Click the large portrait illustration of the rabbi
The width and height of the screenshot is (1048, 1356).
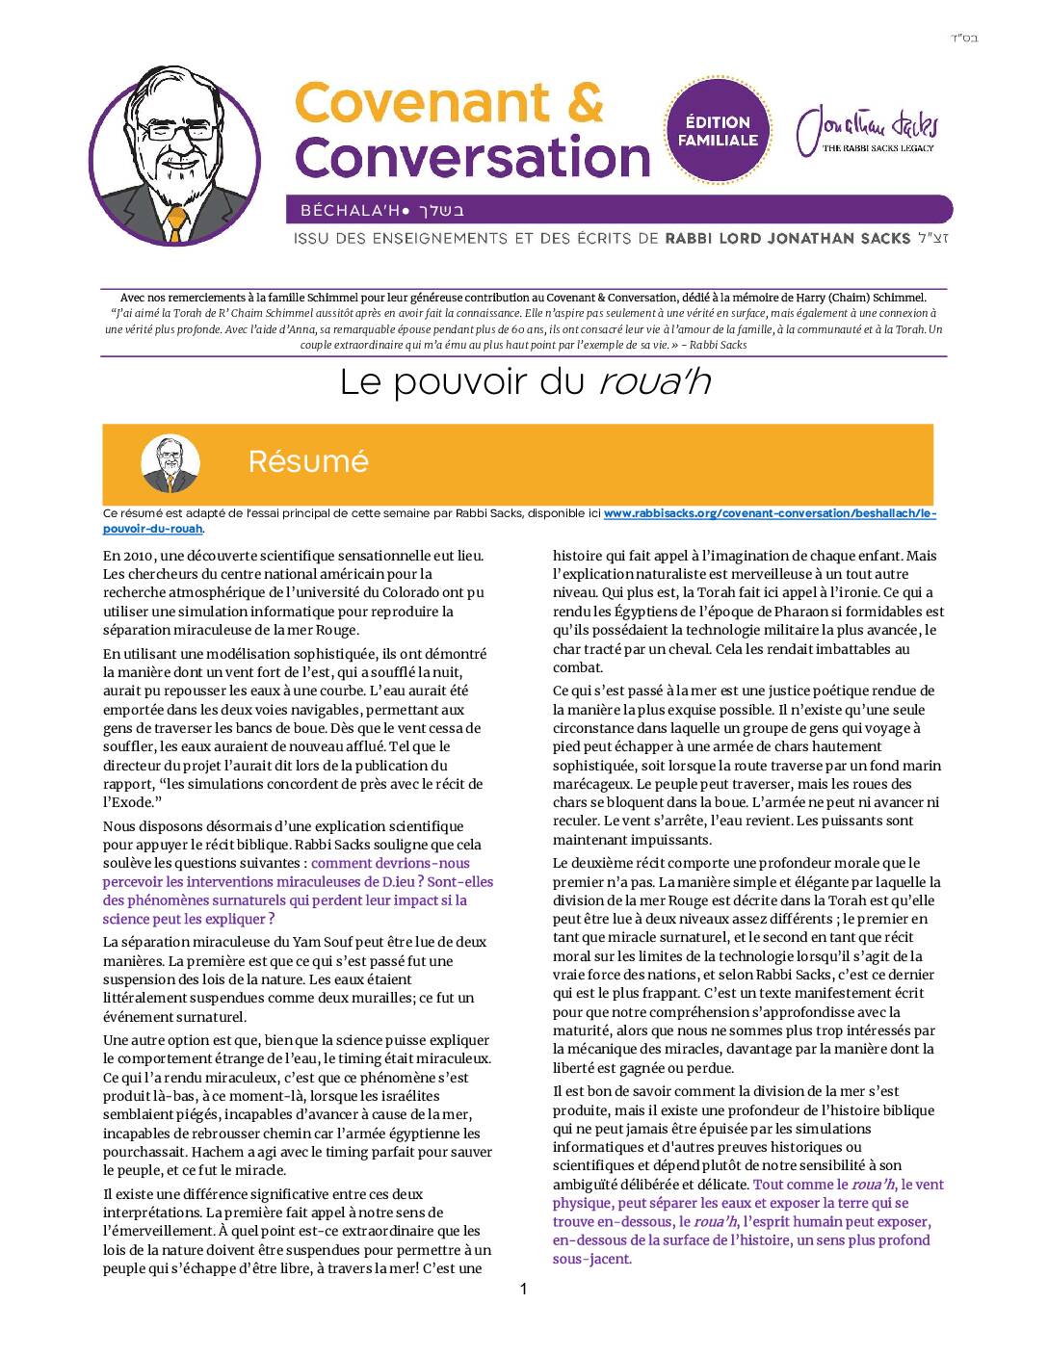point(174,154)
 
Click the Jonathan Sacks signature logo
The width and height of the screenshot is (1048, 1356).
point(867,129)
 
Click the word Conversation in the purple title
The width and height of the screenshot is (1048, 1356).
point(472,156)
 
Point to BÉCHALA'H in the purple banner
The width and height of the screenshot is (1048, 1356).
point(347,210)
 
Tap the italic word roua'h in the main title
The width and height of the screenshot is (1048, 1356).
point(654,382)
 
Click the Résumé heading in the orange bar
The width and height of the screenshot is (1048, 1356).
point(308,461)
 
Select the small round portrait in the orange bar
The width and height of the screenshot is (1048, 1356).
point(170,463)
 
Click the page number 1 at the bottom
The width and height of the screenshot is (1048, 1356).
point(523,1290)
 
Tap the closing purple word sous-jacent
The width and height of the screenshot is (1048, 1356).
point(590,1259)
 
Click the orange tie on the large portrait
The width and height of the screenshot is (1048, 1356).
point(176,224)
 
